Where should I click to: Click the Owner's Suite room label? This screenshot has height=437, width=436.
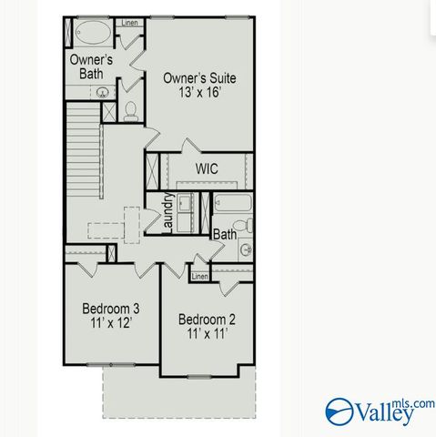(198, 78)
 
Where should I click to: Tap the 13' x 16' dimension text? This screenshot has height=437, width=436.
(198, 95)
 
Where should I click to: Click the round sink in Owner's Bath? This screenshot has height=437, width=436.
(104, 91)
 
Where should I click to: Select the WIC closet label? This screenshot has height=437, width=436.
(207, 168)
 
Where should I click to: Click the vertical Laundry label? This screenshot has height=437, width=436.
(168, 214)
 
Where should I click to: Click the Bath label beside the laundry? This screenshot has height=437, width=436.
(224, 234)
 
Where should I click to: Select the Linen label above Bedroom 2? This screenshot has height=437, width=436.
(199, 276)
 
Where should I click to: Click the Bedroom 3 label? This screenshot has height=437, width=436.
(110, 308)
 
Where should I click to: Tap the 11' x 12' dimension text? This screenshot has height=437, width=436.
(110, 323)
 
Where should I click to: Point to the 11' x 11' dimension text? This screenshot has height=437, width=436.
(207, 334)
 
